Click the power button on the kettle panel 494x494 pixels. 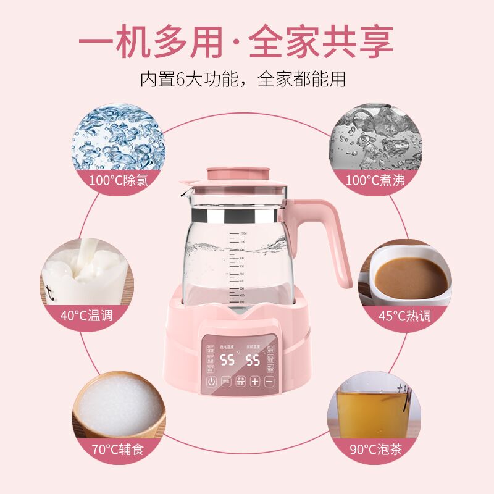[212, 381]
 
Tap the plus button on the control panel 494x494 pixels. [254, 381]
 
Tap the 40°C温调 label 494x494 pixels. [86, 315]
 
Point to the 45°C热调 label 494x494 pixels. [404, 316]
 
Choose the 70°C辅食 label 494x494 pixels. [117, 449]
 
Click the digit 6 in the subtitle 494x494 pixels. [179, 79]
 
